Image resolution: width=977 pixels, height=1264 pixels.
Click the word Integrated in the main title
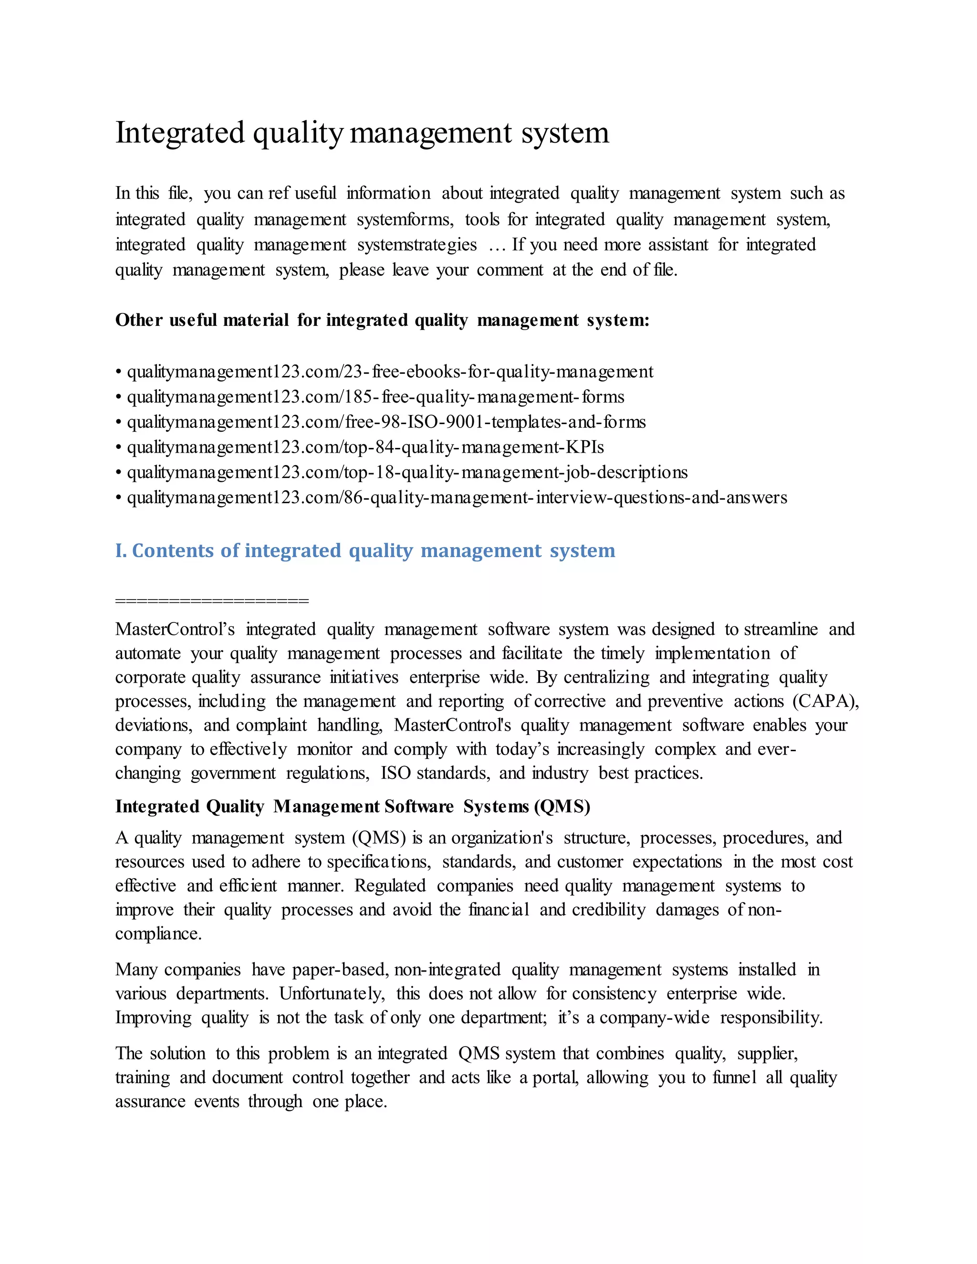[x=180, y=133]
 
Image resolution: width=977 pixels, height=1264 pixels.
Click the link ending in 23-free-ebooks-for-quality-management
[x=390, y=372]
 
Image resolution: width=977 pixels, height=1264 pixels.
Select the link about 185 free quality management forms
[x=375, y=397]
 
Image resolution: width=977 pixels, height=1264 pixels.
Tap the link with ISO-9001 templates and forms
[x=386, y=422]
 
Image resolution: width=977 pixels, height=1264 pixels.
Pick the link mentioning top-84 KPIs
[x=365, y=447]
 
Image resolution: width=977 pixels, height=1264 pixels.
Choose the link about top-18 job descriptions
[x=407, y=472]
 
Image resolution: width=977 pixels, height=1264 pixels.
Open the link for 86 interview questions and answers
[x=457, y=497]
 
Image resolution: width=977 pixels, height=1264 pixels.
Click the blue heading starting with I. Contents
[x=364, y=550]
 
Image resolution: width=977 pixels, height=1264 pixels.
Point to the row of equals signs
[x=212, y=601]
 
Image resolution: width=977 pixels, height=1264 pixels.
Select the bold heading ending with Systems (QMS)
[x=353, y=806]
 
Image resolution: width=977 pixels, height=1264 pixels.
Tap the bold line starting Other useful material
[x=382, y=320]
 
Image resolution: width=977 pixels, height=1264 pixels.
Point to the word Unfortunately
[x=332, y=994]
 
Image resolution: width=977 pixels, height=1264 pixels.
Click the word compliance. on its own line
[x=158, y=934]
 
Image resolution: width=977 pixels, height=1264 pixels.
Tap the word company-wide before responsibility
[x=654, y=1018]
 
